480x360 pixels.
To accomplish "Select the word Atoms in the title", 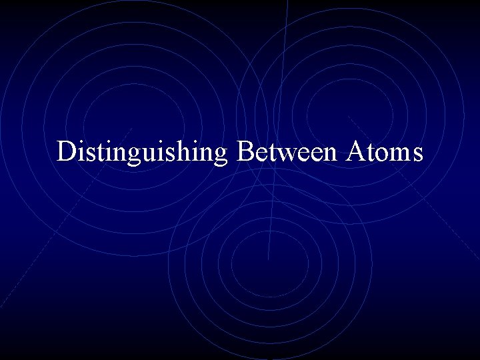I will click(x=384, y=151).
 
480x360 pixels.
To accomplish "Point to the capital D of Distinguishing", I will click(x=66, y=151).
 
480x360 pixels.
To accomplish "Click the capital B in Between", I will click(x=245, y=151).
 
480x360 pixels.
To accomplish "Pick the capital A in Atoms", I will click(x=355, y=151).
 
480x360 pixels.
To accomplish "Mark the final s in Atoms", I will click(x=417, y=153).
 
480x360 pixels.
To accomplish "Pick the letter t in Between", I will click(x=267, y=152).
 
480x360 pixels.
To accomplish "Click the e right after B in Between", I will click(x=258, y=153).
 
